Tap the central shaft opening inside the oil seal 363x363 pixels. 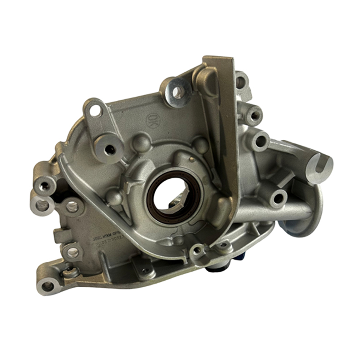[171, 196]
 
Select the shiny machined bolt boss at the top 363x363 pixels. [177, 91]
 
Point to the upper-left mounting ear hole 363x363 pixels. [95, 110]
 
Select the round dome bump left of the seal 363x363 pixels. [114, 198]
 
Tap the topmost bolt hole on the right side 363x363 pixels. [240, 82]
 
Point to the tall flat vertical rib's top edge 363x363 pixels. [219, 59]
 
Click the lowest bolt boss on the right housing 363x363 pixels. [278, 198]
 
